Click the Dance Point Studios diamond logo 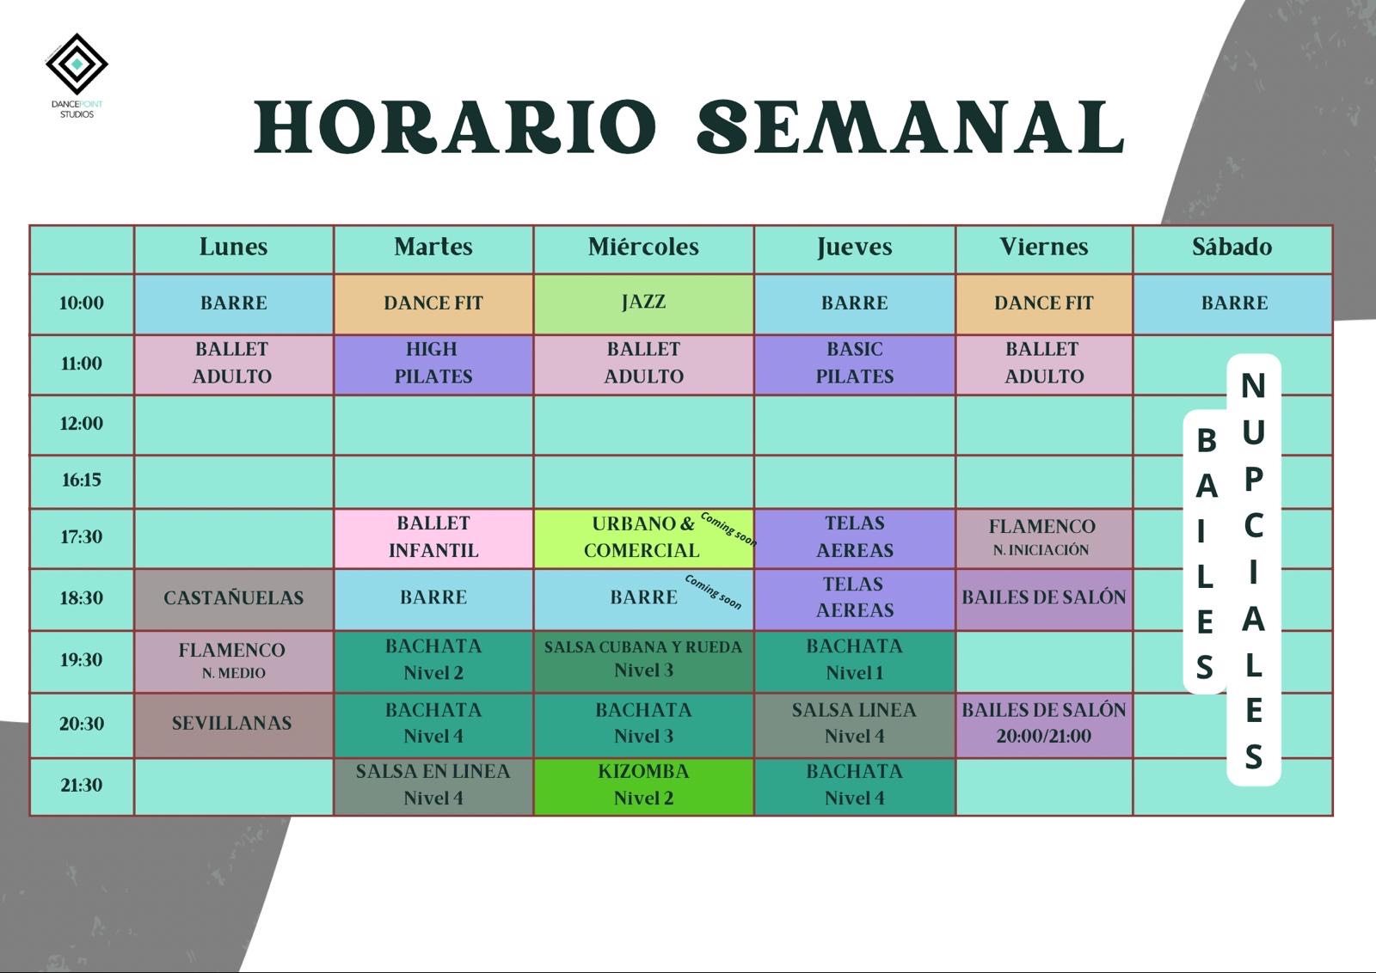point(77,64)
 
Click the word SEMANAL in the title point(911,128)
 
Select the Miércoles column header point(643,248)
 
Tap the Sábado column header point(1232,248)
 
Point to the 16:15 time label point(81,480)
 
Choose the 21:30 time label point(81,785)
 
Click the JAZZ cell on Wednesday point(643,303)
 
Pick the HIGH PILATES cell point(433,363)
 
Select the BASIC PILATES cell point(855,363)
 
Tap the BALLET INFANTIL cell point(433,537)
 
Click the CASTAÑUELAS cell point(233,598)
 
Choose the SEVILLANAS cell point(233,725)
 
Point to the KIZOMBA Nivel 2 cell point(643,786)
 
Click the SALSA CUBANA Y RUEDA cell point(643,660)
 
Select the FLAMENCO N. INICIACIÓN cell point(1043,537)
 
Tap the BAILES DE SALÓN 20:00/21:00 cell point(1043,725)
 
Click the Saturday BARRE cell point(1233,303)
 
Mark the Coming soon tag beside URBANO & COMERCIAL point(728,529)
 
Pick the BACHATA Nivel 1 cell point(855,660)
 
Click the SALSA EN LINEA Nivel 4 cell point(433,786)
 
